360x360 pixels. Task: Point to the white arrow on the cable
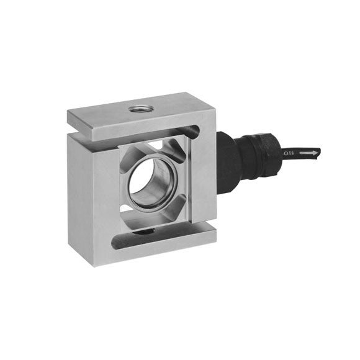[x=308, y=151]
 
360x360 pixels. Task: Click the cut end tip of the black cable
[x=320, y=151]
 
